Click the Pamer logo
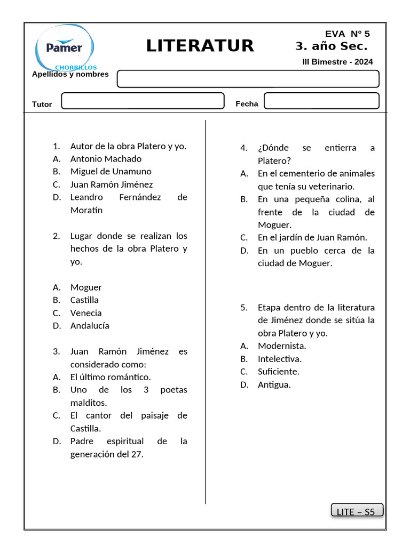pyautogui.click(x=64, y=48)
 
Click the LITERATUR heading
pyautogui.click(x=200, y=46)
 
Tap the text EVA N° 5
pyautogui.click(x=348, y=34)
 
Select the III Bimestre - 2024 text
pyautogui.click(x=337, y=62)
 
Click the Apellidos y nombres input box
pyautogui.click(x=248, y=79)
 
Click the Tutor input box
pyautogui.click(x=143, y=101)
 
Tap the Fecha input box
pyautogui.click(x=321, y=101)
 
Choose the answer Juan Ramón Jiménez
pyautogui.click(x=111, y=184)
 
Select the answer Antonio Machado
pyautogui.click(x=106, y=159)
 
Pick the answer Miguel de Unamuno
pyautogui.click(x=111, y=172)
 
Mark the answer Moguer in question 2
pyautogui.click(x=86, y=287)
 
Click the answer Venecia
pyautogui.click(x=86, y=313)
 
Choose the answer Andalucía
pyautogui.click(x=90, y=326)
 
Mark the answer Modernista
pyautogui.click(x=282, y=346)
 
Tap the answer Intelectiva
pyautogui.click(x=279, y=359)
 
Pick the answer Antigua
pyautogui.click(x=274, y=384)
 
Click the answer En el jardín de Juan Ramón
pyautogui.click(x=312, y=238)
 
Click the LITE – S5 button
pyautogui.click(x=357, y=511)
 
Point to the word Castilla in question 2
pyautogui.click(x=84, y=300)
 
